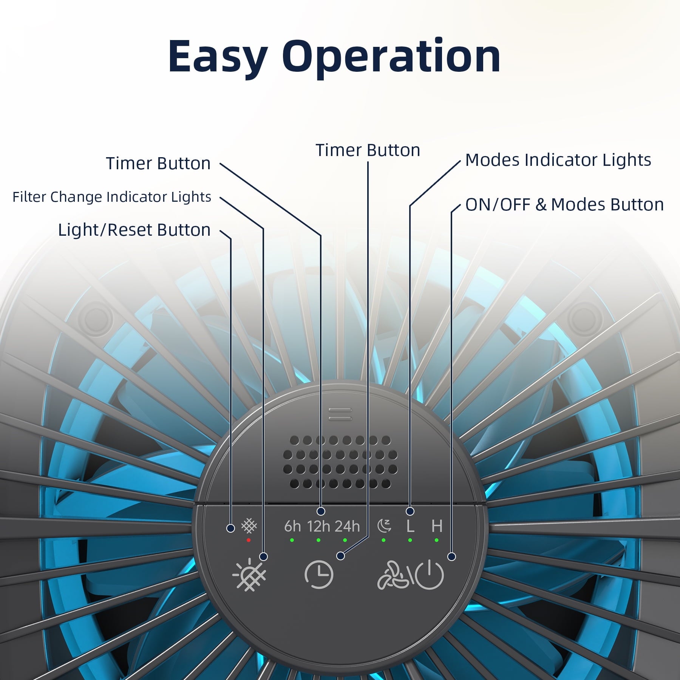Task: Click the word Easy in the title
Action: point(218,57)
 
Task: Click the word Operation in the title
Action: point(391,57)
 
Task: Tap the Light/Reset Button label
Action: point(134,230)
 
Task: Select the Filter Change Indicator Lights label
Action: point(112,197)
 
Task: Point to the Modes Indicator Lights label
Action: point(558,160)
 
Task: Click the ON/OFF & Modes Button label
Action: point(564,204)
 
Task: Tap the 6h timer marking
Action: point(292,526)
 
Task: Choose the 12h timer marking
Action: point(318,526)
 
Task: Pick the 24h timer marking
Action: point(347,526)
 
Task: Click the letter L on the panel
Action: point(410,526)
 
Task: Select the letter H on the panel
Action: point(437,526)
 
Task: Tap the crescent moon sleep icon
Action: point(384,526)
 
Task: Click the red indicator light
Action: point(249,540)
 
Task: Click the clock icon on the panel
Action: point(319,575)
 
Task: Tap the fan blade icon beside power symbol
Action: point(393,575)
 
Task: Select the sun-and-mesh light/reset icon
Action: point(249,574)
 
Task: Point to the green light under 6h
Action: point(292,540)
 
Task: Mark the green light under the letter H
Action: point(437,540)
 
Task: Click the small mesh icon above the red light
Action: point(249,525)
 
